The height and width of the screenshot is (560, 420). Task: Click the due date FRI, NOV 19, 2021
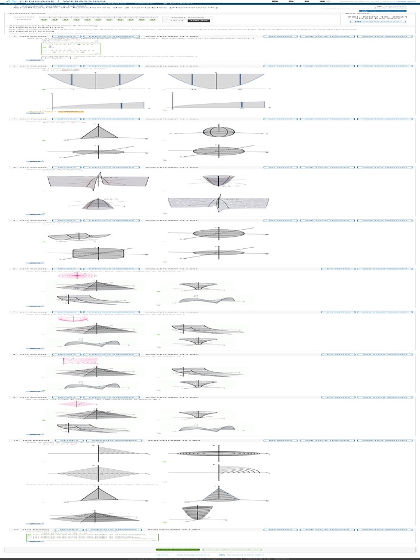coord(377,17)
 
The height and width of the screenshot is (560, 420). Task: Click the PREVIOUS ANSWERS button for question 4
coord(109,167)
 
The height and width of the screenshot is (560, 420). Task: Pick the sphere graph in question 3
coord(218,132)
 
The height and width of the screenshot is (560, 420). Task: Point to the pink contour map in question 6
coord(77,276)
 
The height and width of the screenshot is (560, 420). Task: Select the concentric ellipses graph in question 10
coord(218,453)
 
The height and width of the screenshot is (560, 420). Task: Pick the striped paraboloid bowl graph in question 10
coord(192,514)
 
